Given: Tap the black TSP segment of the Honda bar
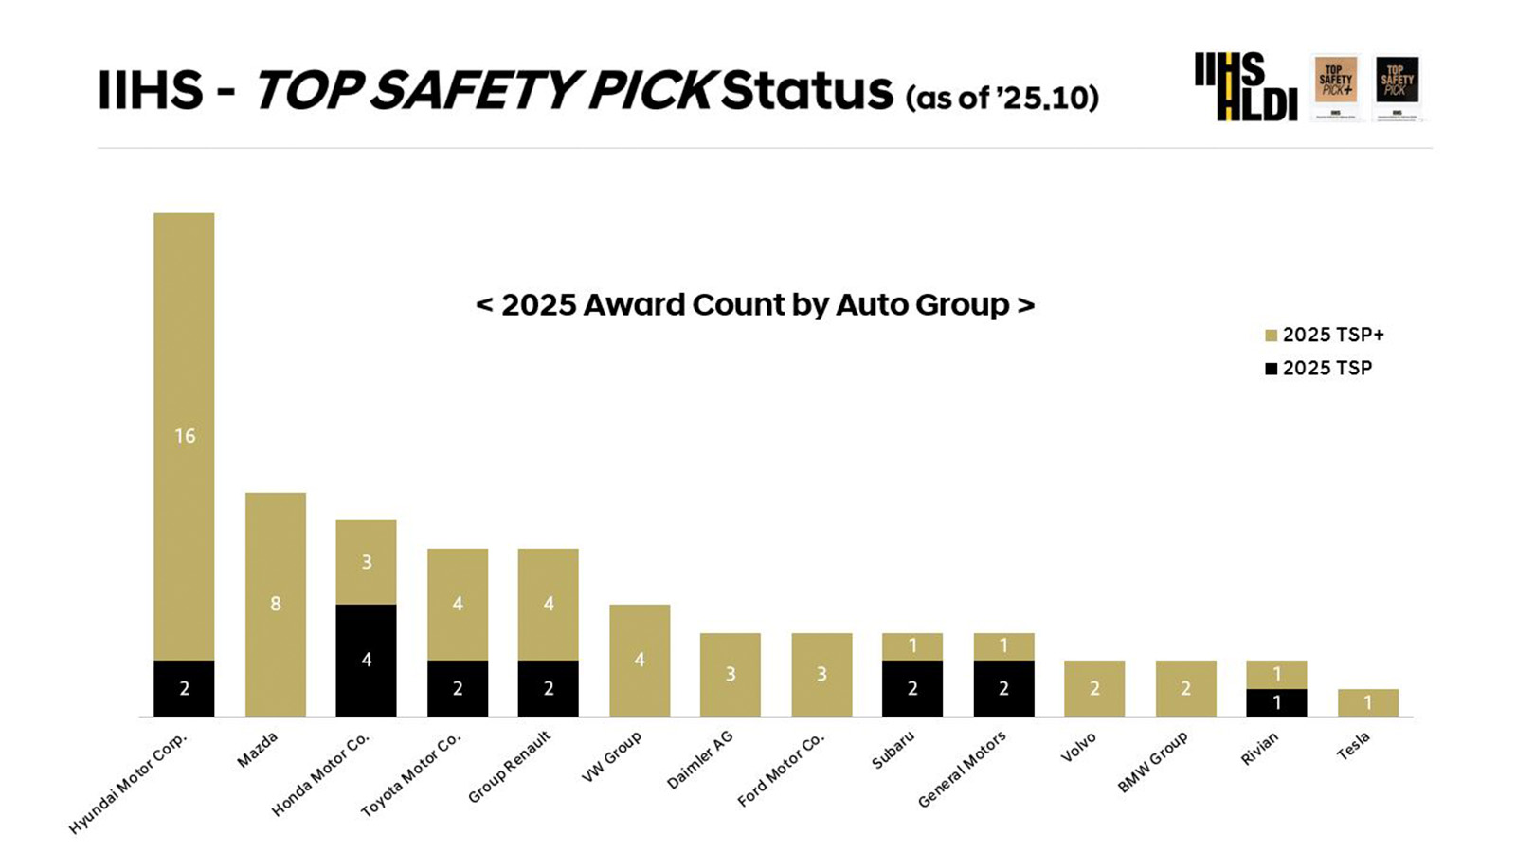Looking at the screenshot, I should click(x=366, y=661).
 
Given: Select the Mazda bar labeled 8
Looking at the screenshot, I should click(x=275, y=604).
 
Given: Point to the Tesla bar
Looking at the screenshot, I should click(x=1367, y=702).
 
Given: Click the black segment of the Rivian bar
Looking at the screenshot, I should click(x=1276, y=702).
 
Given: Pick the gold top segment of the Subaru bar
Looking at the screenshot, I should click(x=911, y=646).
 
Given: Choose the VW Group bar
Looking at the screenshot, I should click(x=640, y=660).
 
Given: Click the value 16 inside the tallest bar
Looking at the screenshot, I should click(x=185, y=436).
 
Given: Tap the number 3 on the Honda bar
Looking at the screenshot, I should click(x=367, y=562).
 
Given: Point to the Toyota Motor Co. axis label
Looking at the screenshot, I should click(x=411, y=774).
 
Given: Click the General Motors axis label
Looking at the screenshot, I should click(x=962, y=769).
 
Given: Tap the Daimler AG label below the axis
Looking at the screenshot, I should click(x=700, y=760).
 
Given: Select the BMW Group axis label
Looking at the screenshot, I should click(x=1152, y=763).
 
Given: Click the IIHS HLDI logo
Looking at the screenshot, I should click(x=1244, y=86).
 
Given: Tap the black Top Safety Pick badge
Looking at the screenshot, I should click(x=1397, y=85).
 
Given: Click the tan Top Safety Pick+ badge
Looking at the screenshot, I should click(x=1335, y=85).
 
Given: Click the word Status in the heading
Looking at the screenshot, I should click(x=806, y=90).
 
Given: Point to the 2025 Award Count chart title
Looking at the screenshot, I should click(x=754, y=304).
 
